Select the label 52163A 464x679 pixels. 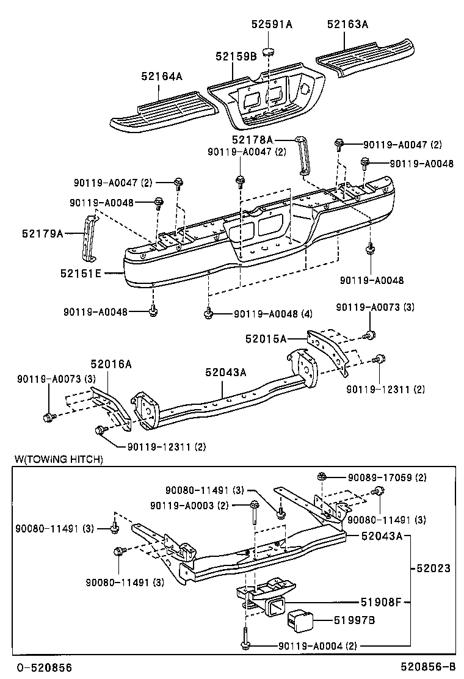click(x=347, y=24)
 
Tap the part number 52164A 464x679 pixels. click(x=162, y=76)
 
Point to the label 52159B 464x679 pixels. click(x=236, y=56)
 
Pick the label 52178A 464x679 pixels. click(x=252, y=140)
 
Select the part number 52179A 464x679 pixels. click(x=43, y=233)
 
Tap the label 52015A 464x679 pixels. click(x=266, y=338)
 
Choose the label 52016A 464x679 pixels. click(x=111, y=365)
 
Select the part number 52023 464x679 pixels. click(x=433, y=568)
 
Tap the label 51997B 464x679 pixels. click(x=354, y=620)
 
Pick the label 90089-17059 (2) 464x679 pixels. click(x=387, y=477)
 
